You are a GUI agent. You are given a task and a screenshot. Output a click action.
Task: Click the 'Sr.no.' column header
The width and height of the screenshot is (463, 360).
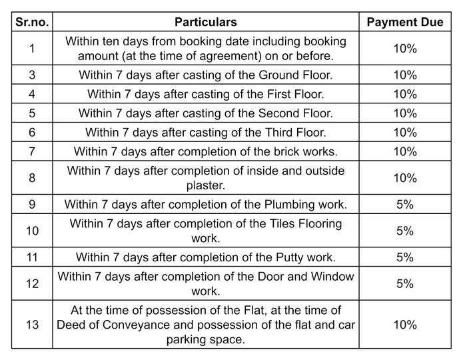pyautogui.click(x=33, y=22)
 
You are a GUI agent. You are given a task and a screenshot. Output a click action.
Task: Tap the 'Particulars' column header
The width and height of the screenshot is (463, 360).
pyautogui.click(x=205, y=22)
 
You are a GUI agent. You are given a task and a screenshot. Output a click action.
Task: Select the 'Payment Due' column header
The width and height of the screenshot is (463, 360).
pyautogui.click(x=404, y=22)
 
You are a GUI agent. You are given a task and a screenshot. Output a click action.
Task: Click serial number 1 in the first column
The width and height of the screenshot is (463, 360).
pyautogui.click(x=33, y=49)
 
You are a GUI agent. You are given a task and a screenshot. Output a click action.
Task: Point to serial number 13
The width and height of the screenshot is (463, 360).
pyautogui.click(x=33, y=325)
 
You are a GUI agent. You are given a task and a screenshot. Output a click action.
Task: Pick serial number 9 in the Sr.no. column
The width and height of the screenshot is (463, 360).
pyautogui.click(x=33, y=205)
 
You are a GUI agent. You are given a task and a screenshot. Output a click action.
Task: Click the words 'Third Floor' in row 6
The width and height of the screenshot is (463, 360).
pyautogui.click(x=296, y=133)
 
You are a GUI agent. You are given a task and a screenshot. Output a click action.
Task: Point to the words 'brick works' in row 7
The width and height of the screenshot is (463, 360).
pyautogui.click(x=306, y=152)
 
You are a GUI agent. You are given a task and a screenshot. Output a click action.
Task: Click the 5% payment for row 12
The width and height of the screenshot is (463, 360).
pyautogui.click(x=404, y=283)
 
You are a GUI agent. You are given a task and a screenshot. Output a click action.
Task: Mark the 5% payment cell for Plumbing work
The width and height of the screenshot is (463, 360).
pyautogui.click(x=404, y=205)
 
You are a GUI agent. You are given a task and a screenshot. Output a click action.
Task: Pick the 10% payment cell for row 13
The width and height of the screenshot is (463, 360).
pyautogui.click(x=404, y=325)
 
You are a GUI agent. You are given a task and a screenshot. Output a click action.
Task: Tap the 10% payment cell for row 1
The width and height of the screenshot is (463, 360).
pyautogui.click(x=404, y=49)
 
